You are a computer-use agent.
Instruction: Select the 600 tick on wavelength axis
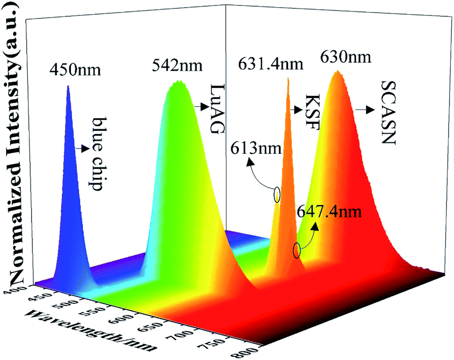click(x=123, y=318)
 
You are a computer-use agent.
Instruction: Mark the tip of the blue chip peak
click(x=68, y=87)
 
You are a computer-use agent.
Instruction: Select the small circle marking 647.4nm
click(x=297, y=250)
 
